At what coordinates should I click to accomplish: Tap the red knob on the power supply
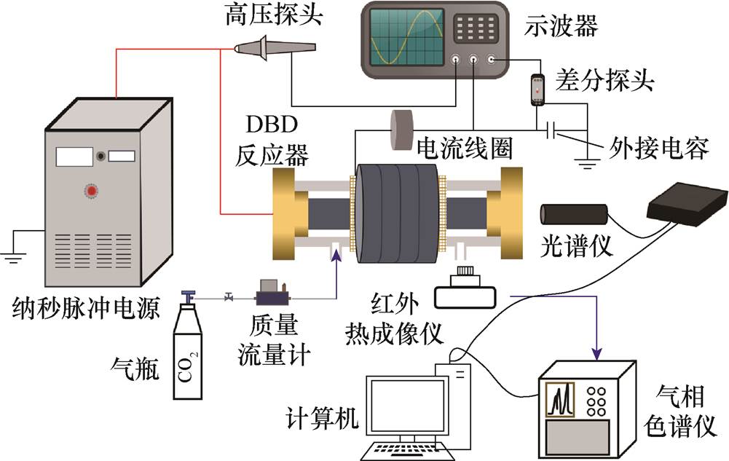point(92,192)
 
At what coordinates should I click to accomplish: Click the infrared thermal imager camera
point(465,290)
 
